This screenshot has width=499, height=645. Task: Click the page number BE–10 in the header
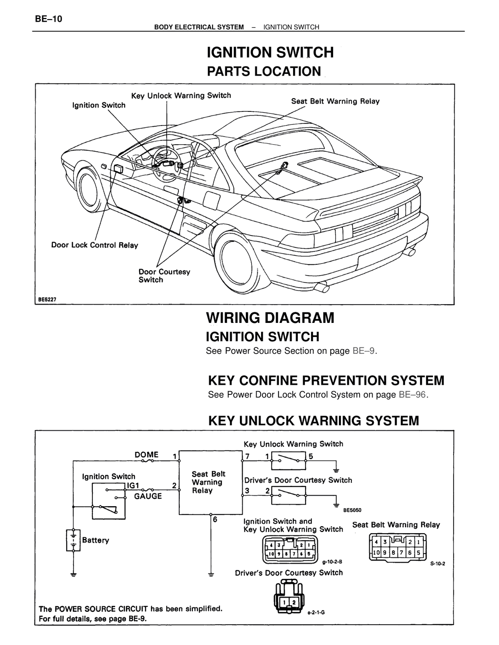pyautogui.click(x=48, y=19)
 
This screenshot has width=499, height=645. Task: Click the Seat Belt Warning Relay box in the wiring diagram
pyautogui.click(x=210, y=483)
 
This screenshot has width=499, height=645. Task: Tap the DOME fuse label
pyautogui.click(x=146, y=454)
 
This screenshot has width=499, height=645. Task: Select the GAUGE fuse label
pyautogui.click(x=148, y=496)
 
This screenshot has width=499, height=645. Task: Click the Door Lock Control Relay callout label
pyautogui.click(x=95, y=245)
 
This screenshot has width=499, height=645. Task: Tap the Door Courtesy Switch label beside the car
pyautogui.click(x=164, y=276)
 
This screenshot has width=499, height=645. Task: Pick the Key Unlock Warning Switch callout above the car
pyautogui.click(x=181, y=96)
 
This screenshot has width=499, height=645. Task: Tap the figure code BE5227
pyautogui.click(x=47, y=300)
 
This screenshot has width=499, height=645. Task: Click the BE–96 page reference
pyautogui.click(x=413, y=394)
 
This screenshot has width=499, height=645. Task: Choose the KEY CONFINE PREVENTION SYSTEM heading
pyautogui.click(x=326, y=381)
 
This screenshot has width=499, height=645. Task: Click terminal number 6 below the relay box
pyautogui.click(x=215, y=519)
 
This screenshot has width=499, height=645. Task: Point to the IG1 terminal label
pyautogui.click(x=133, y=485)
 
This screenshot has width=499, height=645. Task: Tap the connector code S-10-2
pyautogui.click(x=438, y=564)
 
